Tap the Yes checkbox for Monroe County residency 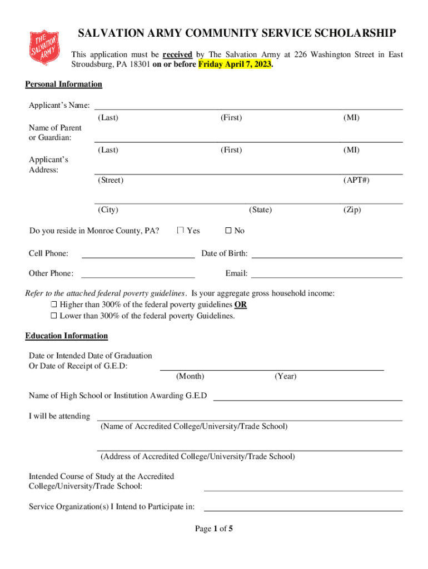180,231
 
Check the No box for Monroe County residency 228,231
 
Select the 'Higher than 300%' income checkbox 54,305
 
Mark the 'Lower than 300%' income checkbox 54,316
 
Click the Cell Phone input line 138,254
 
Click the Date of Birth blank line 327,254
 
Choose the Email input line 327,274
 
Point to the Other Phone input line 138,274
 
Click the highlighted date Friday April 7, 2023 235,64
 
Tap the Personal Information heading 63,84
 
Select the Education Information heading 66,336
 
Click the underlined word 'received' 177,54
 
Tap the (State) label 260,210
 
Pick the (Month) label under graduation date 190,377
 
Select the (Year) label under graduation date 285,377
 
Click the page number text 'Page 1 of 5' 213,529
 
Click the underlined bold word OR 241,305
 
